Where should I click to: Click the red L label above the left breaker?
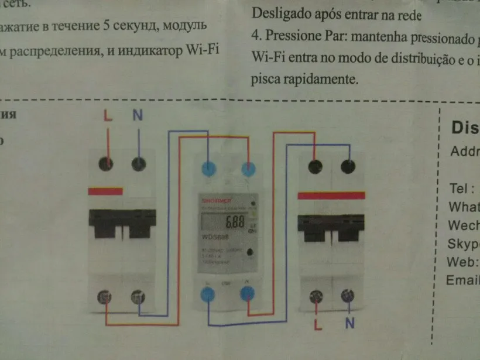[x=108, y=115]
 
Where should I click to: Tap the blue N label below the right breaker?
[x=349, y=323]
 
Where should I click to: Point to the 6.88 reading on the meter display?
[x=235, y=222]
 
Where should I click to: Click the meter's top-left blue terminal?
[x=209, y=169]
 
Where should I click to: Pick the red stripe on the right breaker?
[x=332, y=195]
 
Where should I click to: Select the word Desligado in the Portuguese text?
[x=279, y=15]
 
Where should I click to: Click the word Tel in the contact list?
[x=460, y=188]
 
